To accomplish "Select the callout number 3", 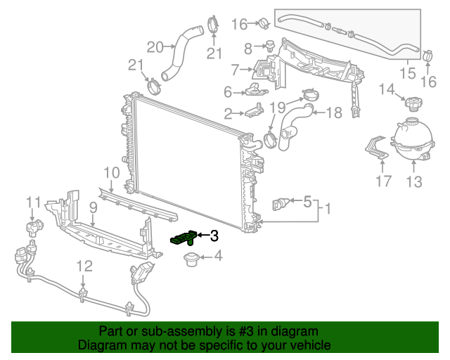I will coord(214,236).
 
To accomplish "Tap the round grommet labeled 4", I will coord(189,261).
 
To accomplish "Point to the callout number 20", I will coord(155,47).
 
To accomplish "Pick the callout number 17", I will coord(382,183).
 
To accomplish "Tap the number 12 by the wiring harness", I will coord(84,266).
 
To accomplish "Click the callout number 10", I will coord(111,172).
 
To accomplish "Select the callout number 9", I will coord(93,207).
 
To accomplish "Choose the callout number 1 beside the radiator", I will coord(326,208).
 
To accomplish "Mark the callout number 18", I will coord(333,112).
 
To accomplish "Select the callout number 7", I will coord(236,69).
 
